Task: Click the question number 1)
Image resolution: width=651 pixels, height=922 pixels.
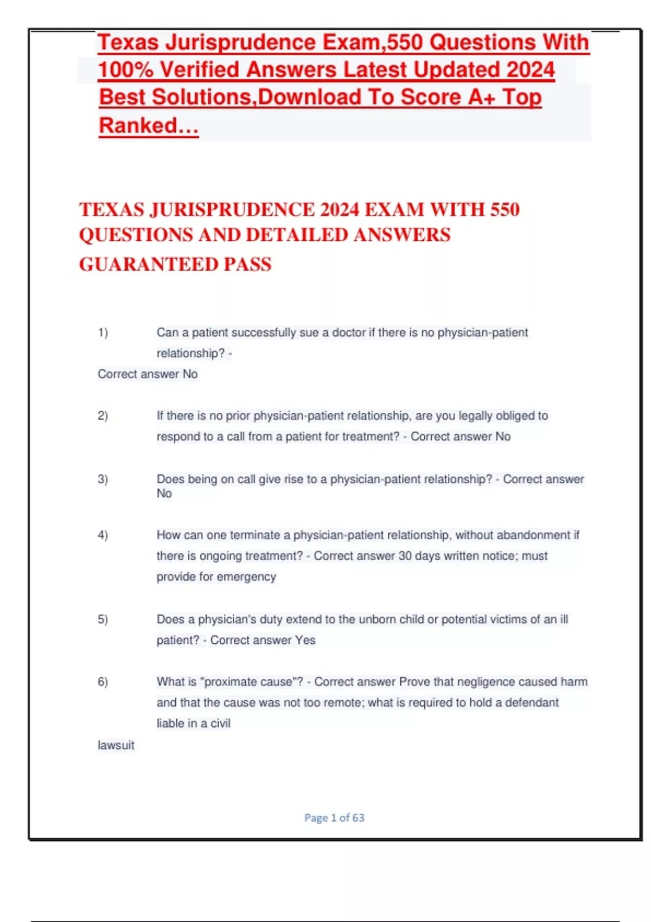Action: (103, 332)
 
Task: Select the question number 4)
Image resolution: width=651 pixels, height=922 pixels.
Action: (103, 535)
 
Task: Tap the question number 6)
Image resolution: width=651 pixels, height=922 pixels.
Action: (103, 682)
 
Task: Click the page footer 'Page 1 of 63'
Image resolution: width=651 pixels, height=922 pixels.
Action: (334, 817)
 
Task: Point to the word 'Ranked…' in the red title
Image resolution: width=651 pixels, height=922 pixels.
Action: (149, 125)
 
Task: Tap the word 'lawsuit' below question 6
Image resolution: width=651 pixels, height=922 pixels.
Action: (116, 745)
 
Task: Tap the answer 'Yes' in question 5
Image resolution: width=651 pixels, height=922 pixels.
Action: (305, 640)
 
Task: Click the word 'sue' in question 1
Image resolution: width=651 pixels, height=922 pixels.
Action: (309, 332)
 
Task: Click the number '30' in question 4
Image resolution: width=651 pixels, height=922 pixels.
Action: (405, 556)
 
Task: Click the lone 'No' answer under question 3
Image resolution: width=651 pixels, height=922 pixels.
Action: (164, 494)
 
